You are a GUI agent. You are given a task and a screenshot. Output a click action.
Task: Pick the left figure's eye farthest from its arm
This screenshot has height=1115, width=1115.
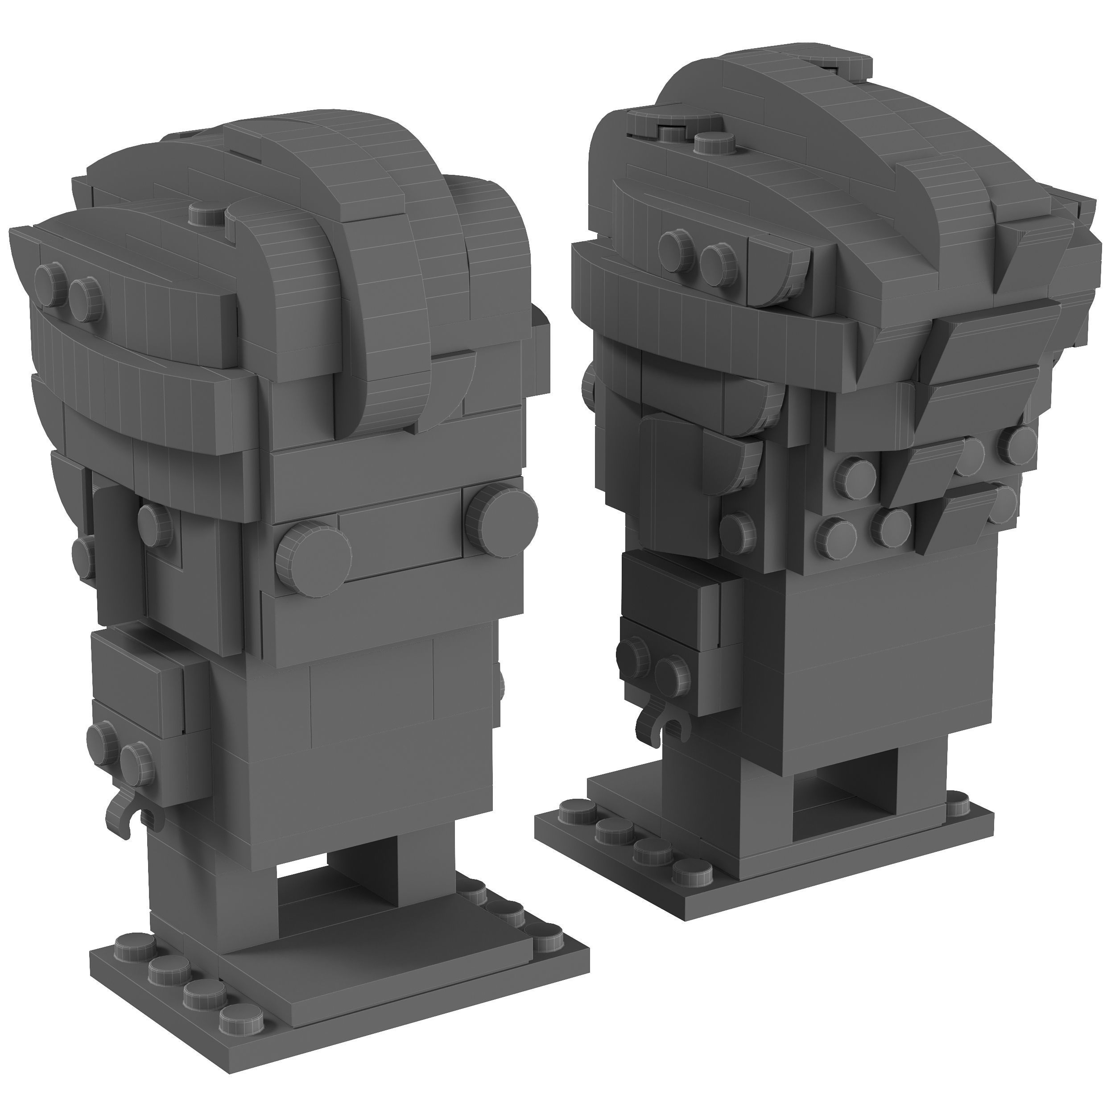click(501, 512)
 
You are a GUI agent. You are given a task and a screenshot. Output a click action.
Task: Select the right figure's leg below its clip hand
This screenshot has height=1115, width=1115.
click(693, 797)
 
